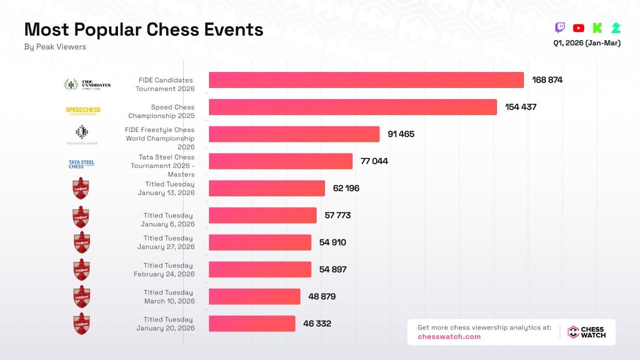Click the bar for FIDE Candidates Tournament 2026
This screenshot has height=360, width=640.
click(366, 80)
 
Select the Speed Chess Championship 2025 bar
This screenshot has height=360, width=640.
click(352, 107)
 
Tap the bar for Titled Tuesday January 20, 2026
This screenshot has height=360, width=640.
click(252, 323)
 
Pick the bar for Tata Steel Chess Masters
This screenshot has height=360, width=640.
click(280, 161)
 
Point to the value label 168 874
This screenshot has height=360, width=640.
click(547, 80)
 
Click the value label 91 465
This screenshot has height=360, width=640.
click(400, 134)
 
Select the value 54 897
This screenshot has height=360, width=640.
click(332, 269)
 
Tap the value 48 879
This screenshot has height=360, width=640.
click(321, 296)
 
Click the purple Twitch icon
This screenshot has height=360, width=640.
click(560, 28)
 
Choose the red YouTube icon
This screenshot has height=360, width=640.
click(578, 28)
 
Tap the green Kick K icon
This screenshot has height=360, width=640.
click(597, 28)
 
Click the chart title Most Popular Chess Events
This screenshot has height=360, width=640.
click(143, 30)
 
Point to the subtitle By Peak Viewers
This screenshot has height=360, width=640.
click(55, 47)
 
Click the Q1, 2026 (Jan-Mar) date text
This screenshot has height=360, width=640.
click(586, 43)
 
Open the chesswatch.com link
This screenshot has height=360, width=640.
click(449, 337)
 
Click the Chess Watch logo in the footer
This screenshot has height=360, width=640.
click(586, 332)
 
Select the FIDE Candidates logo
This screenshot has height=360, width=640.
click(87, 84)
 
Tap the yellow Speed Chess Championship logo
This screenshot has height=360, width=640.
click(82, 111)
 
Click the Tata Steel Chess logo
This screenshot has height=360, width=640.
click(81, 164)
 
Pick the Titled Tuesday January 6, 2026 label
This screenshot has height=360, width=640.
click(167, 220)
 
